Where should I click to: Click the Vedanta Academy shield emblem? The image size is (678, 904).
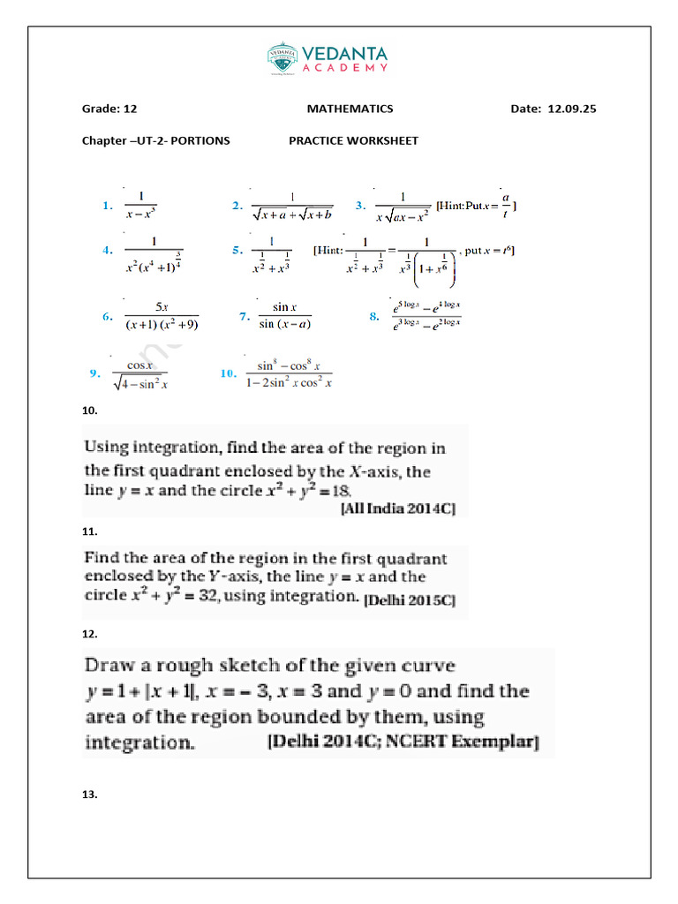(x=282, y=57)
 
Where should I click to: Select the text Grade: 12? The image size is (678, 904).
(x=109, y=109)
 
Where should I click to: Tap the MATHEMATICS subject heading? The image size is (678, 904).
(x=350, y=109)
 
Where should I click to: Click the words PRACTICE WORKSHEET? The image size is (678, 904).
(x=353, y=140)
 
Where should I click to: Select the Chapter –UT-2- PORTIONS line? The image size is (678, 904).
(x=155, y=140)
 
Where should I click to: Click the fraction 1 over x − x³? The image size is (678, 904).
(x=141, y=205)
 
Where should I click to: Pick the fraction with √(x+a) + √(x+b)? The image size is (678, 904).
(x=291, y=205)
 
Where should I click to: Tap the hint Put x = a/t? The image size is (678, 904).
(x=477, y=205)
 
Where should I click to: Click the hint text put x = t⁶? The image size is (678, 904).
(x=489, y=251)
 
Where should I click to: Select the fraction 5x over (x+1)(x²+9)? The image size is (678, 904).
(x=162, y=315)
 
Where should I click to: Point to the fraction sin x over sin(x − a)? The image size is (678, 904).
(x=284, y=315)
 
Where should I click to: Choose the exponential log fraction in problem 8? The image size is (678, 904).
(x=427, y=314)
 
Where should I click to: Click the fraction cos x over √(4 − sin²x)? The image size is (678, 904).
(x=141, y=374)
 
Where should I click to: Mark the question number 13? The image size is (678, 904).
(x=90, y=795)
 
